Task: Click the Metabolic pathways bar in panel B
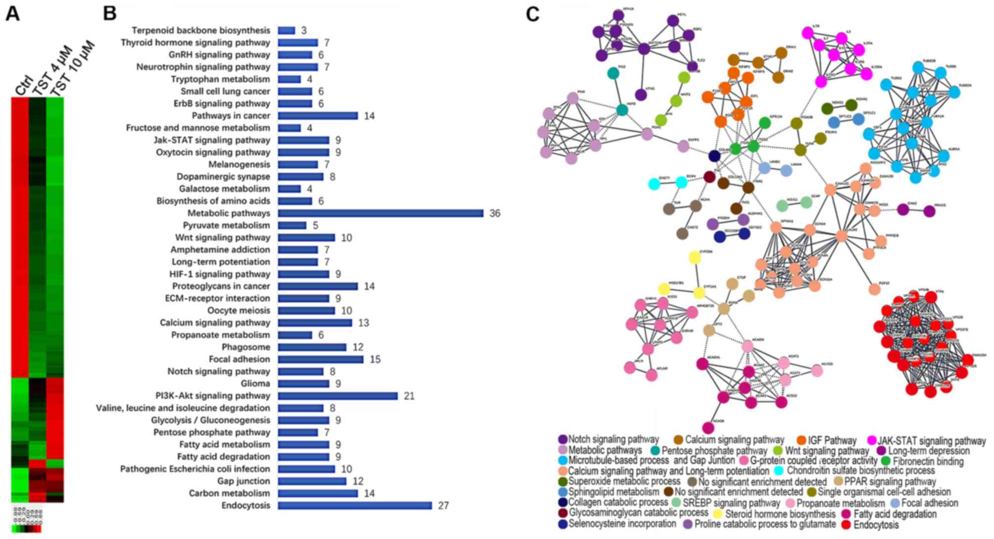[x=380, y=213]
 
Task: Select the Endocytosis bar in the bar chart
[x=354, y=505]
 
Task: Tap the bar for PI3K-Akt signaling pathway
[x=338, y=396]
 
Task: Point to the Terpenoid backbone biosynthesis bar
[x=287, y=31]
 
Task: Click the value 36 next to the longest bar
[x=495, y=214]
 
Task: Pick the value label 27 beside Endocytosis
[x=443, y=506]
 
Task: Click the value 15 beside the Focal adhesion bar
[x=375, y=360]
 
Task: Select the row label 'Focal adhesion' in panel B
[x=239, y=359]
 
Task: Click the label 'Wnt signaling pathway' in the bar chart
[x=222, y=237]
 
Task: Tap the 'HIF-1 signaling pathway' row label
[x=220, y=274]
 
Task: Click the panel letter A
[x=12, y=14]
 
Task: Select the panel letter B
[x=109, y=14]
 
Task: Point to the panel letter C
[x=532, y=14]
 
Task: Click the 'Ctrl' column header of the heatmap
[x=23, y=84]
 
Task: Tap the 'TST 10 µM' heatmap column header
[x=72, y=69]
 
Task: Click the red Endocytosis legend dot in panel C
[x=846, y=524]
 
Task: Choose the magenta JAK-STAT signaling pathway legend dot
[x=872, y=440]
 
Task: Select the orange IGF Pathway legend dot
[x=801, y=440]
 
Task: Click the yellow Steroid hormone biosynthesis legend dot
[x=717, y=514]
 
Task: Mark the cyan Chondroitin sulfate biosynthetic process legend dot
[x=779, y=471]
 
